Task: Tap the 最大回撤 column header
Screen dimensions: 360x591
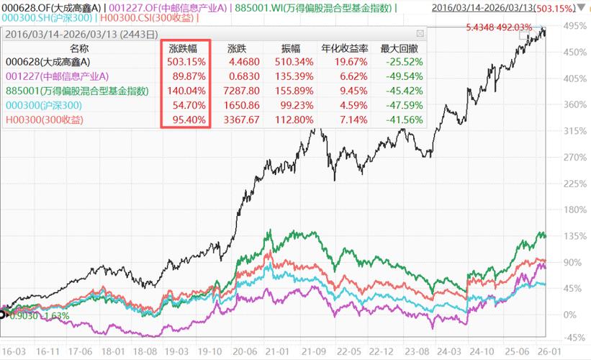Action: click(x=397, y=48)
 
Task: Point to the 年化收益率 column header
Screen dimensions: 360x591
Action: click(x=346, y=48)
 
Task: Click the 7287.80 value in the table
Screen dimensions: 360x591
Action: click(x=238, y=91)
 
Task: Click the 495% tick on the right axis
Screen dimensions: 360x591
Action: click(x=572, y=26)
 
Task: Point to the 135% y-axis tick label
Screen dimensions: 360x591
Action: click(x=572, y=236)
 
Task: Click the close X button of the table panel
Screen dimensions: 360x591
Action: click(x=420, y=34)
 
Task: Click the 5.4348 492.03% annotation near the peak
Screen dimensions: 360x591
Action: click(x=499, y=27)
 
